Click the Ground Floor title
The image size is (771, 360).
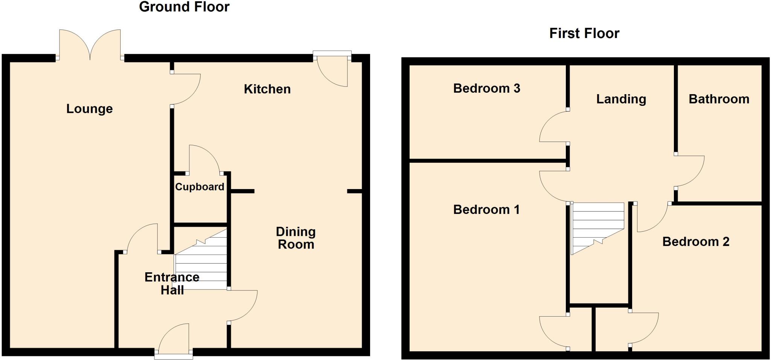(x=184, y=7)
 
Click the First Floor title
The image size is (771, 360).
(x=584, y=33)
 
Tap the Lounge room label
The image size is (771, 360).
(x=89, y=108)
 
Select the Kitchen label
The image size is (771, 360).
(x=267, y=89)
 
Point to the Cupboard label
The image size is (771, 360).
(x=200, y=187)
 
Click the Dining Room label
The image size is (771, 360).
(x=296, y=238)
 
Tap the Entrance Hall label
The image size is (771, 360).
(x=172, y=283)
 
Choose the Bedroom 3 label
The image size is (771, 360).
(x=486, y=88)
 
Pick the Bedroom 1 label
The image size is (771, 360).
(x=486, y=209)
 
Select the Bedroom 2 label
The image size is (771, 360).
(x=695, y=241)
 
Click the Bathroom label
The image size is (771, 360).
(x=719, y=99)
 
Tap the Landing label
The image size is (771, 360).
(x=621, y=99)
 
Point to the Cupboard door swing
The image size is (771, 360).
(x=203, y=160)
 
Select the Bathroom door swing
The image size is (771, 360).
(x=690, y=171)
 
